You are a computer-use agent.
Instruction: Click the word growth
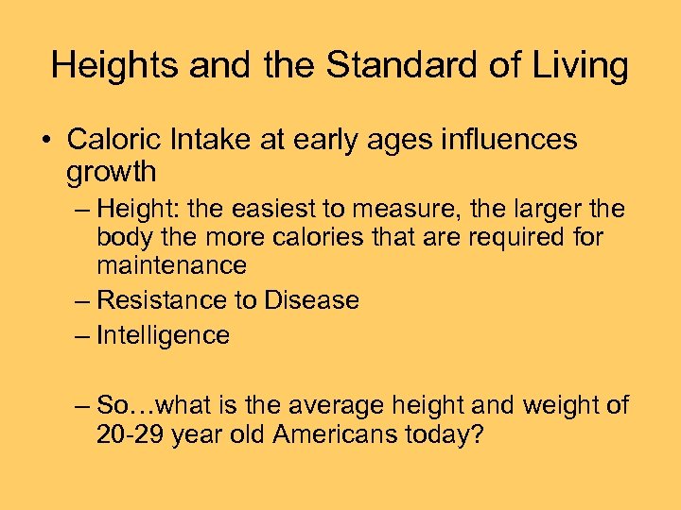(x=112, y=174)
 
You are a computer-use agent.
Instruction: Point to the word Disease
(x=311, y=300)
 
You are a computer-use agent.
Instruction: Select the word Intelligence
(x=164, y=335)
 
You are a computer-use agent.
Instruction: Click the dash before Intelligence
(x=82, y=335)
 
